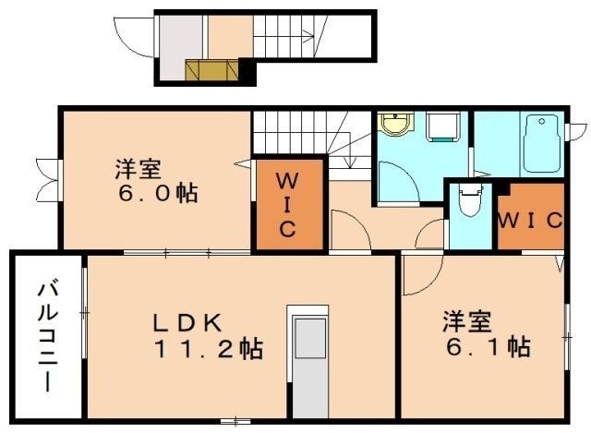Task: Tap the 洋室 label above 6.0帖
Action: pyautogui.click(x=138, y=170)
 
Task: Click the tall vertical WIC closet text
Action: pyautogui.click(x=287, y=202)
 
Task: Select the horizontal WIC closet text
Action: pyautogui.click(x=530, y=221)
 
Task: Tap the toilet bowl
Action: pyautogui.click(x=470, y=199)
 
